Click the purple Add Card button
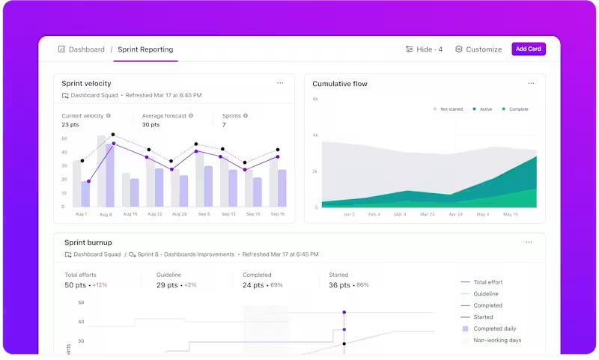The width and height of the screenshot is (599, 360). click(x=528, y=49)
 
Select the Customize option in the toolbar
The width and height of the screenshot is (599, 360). click(x=479, y=49)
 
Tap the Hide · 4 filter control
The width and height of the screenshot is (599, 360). click(x=424, y=49)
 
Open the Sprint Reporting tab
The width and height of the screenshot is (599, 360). click(x=145, y=49)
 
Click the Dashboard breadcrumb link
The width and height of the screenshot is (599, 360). click(x=82, y=49)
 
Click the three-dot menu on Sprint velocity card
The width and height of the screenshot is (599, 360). click(x=280, y=83)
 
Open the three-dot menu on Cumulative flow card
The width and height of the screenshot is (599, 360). click(x=531, y=83)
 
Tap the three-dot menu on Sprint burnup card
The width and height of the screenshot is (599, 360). click(x=529, y=242)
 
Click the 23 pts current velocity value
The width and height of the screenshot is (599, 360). click(x=70, y=125)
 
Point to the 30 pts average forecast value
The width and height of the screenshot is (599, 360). click(x=150, y=125)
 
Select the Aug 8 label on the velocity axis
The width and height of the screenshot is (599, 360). click(x=106, y=215)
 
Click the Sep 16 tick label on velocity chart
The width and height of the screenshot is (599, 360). click(x=277, y=215)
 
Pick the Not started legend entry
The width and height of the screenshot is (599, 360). click(x=449, y=109)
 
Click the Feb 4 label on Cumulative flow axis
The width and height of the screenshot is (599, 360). click(x=374, y=215)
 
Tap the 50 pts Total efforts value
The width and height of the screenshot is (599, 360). click(x=75, y=285)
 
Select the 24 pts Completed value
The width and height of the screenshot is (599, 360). click(x=252, y=285)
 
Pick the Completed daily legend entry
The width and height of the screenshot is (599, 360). click(x=494, y=329)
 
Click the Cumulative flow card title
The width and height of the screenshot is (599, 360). click(x=339, y=84)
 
